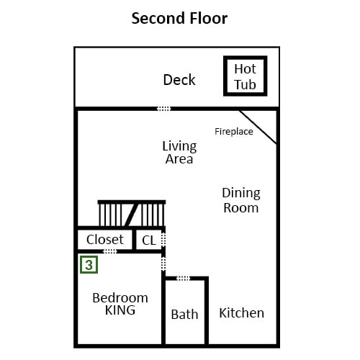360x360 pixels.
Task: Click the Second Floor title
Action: (x=179, y=19)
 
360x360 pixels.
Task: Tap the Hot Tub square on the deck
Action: (x=245, y=76)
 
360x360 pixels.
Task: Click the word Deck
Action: (x=179, y=80)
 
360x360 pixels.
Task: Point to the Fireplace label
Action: (x=234, y=132)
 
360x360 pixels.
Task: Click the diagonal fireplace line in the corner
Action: (x=258, y=127)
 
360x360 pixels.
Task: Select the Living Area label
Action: (x=179, y=153)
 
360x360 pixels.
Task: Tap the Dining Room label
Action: (x=241, y=200)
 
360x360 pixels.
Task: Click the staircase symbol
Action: (x=132, y=213)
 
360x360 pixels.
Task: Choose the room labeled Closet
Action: (x=105, y=240)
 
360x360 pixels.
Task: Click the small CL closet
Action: (x=148, y=240)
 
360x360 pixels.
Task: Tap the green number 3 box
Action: (x=89, y=265)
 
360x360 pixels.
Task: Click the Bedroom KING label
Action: (x=120, y=304)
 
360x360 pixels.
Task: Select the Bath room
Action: (x=185, y=312)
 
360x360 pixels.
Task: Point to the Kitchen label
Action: (x=241, y=313)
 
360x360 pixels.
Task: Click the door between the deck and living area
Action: (x=164, y=109)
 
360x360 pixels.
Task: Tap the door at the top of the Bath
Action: (x=183, y=279)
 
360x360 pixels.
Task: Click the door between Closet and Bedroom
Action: (x=110, y=251)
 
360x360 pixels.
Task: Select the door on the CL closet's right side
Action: (x=163, y=240)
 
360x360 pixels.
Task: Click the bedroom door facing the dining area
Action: (x=163, y=264)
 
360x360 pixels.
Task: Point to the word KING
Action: (x=120, y=310)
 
